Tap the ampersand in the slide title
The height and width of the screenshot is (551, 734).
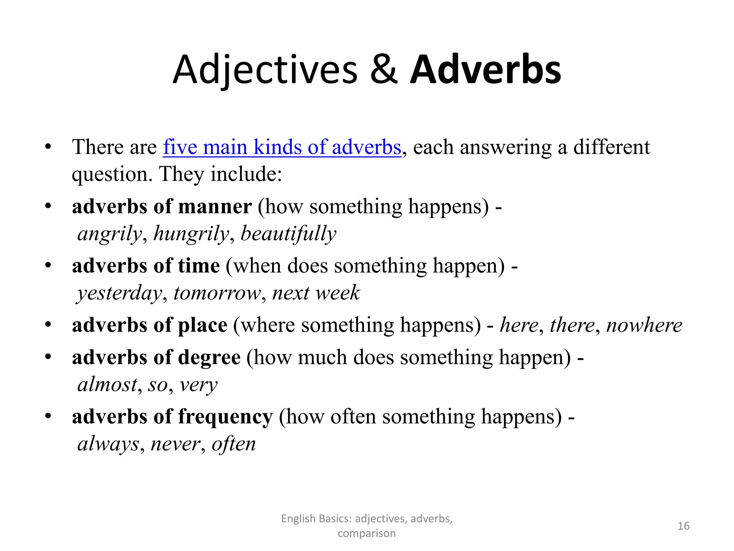click(383, 70)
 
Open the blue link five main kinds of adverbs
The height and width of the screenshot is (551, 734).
click(282, 147)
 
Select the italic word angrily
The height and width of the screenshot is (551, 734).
click(110, 234)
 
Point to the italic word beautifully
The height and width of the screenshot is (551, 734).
click(288, 234)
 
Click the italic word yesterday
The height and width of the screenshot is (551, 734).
click(120, 293)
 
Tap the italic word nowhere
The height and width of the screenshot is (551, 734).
click(644, 325)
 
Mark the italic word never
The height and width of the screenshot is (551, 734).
click(175, 444)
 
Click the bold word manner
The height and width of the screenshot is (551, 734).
click(215, 207)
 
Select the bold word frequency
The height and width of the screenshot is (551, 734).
click(225, 417)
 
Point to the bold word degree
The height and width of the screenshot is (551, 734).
click(209, 358)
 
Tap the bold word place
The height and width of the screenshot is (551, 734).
click(202, 325)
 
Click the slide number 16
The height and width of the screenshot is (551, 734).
click(683, 526)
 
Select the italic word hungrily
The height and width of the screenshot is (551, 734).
click(191, 234)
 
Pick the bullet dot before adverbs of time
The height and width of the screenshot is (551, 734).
click(48, 266)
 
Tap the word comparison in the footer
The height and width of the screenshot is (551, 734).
click(367, 533)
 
